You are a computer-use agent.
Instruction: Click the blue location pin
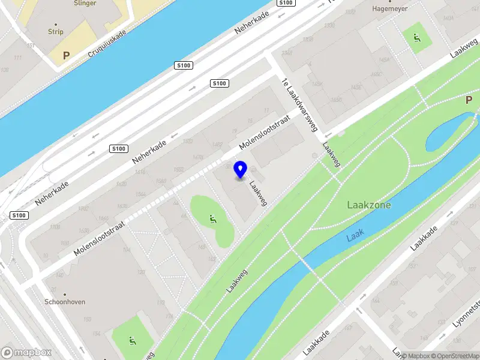coord(241,170)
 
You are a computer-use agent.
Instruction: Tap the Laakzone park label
coord(369,205)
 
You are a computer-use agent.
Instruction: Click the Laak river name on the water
coord(355,238)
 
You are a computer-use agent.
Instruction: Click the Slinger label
coord(85,3)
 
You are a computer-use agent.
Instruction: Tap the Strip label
coord(56,31)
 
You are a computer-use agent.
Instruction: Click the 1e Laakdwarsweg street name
coord(299,105)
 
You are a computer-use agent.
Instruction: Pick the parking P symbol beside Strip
coord(67,55)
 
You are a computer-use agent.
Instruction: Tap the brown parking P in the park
coord(469,100)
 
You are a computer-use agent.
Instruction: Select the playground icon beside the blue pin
coord(211,220)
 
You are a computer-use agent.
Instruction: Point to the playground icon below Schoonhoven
coord(131,341)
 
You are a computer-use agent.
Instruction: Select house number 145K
coord(317,84)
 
